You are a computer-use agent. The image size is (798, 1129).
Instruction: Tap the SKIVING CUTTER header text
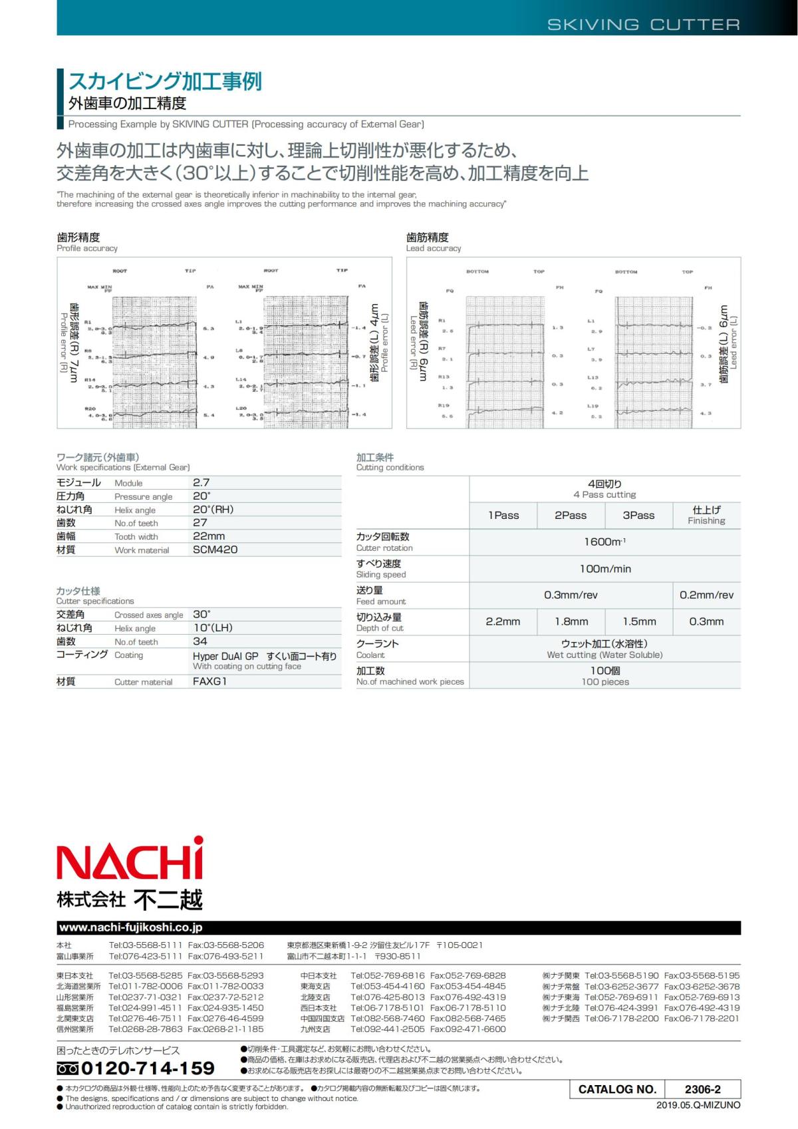point(643,25)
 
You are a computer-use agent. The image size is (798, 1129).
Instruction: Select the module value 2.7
point(201,482)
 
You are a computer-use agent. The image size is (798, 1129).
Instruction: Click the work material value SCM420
point(215,550)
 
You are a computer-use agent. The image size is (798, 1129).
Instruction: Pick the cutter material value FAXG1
point(210,681)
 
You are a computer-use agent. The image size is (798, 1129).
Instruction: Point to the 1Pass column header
point(503,515)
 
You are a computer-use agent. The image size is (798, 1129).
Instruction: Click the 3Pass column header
point(638,515)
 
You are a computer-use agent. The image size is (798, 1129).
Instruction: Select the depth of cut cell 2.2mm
point(503,621)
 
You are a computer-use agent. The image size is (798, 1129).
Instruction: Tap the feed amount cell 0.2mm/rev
point(706,595)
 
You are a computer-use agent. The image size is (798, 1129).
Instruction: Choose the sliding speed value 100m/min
point(605,569)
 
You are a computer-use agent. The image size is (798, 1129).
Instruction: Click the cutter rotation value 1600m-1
point(604,542)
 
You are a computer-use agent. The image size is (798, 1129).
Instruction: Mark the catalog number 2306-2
point(702,1089)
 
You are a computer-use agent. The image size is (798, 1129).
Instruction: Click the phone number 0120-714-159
point(148,1068)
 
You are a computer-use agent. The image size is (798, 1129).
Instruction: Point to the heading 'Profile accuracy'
point(87,248)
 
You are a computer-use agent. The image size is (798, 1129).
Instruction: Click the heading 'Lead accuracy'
point(434,248)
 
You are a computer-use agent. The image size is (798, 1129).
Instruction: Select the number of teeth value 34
point(200,641)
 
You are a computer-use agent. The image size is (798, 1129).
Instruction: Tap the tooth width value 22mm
point(209,536)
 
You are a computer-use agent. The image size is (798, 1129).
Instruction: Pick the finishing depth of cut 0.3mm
point(706,621)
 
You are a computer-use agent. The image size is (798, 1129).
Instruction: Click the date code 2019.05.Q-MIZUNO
point(698,1105)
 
